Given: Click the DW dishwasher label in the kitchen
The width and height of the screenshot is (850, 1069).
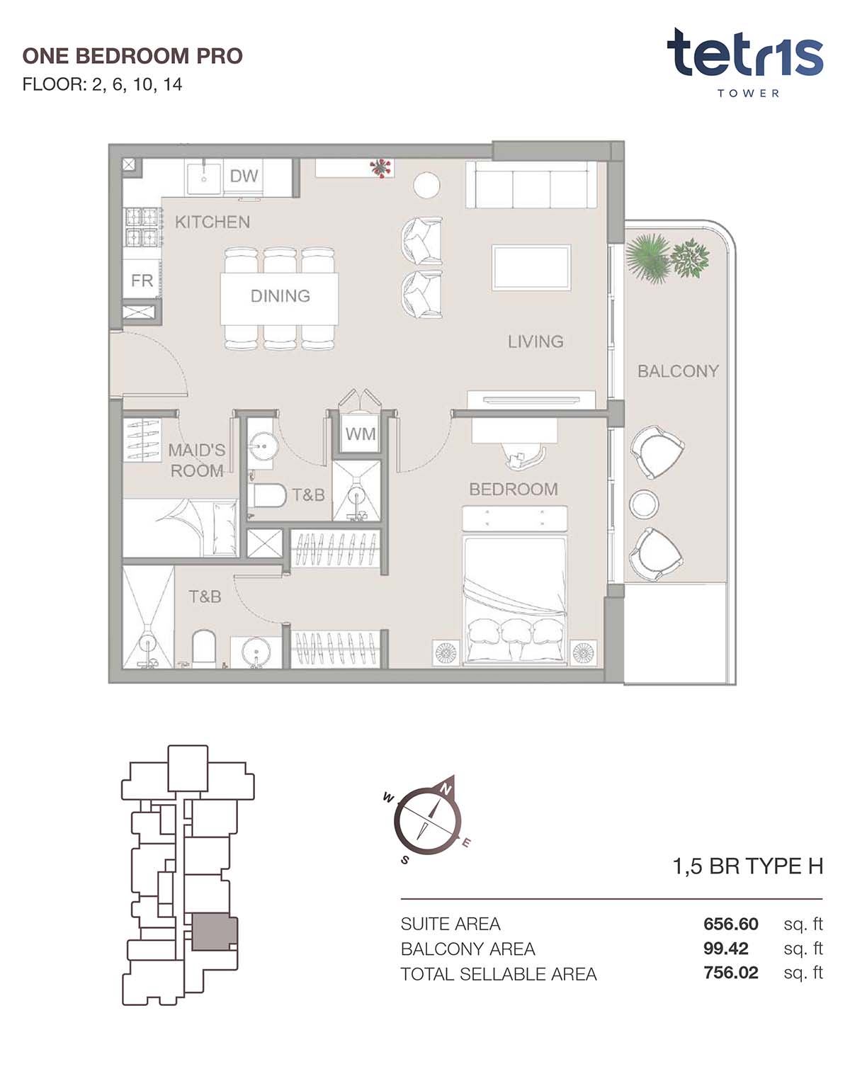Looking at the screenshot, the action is point(244,176).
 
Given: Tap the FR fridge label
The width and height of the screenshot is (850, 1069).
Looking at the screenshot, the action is point(142,281).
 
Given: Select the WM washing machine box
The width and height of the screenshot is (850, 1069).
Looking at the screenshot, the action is point(360,434).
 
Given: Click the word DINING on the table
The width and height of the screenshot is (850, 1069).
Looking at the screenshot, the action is point(280,296).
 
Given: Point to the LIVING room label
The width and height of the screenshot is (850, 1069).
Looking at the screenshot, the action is point(535,341).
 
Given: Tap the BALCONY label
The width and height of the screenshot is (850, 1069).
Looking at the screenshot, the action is point(678,371).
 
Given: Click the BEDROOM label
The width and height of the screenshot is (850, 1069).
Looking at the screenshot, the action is point(513,490).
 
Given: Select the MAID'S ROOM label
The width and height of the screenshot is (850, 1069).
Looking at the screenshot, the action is point(197,460).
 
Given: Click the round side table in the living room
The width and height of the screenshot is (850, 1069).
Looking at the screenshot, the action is point(426,185).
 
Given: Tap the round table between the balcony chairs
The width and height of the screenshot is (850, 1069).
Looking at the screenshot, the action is point(644,504).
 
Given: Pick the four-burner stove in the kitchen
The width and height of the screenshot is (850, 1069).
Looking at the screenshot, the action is point(142,227).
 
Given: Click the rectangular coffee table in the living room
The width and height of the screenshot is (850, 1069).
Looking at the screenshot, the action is point(531,267).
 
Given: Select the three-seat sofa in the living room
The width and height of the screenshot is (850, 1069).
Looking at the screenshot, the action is point(531,184).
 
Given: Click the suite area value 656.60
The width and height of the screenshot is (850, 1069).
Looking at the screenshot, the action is point(731,924).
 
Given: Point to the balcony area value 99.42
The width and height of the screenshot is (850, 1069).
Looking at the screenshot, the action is point(726,949).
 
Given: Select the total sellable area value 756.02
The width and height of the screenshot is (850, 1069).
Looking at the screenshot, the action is point(731,973).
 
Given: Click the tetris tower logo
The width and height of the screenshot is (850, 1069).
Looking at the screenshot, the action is point(745,62).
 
